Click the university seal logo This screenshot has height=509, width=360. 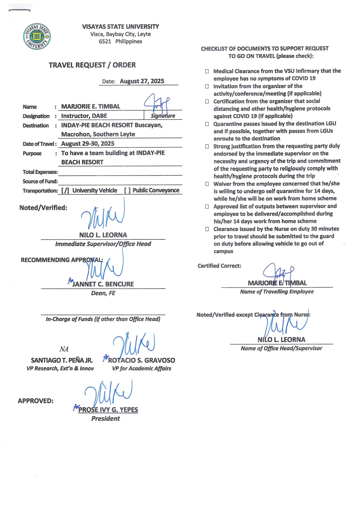click(37, 37)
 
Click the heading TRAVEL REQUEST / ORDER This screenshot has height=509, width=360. click(92, 65)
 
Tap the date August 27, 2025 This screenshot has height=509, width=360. click(142, 81)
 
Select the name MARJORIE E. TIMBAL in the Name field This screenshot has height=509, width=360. click(91, 107)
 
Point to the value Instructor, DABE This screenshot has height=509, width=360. click(84, 116)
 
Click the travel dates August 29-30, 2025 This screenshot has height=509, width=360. click(88, 144)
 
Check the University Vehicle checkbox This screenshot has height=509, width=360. click(65, 191)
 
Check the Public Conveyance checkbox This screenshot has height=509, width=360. click(127, 190)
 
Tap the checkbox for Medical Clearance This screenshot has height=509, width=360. click(207, 71)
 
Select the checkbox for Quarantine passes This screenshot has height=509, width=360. click(207, 124)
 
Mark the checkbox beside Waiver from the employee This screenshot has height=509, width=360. click(207, 184)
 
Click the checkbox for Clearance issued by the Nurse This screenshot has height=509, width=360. click(207, 229)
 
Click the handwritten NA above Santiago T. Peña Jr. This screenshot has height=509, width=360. click(64, 349)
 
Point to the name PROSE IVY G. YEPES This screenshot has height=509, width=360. click(108, 410)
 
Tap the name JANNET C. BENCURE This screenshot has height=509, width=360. click(103, 284)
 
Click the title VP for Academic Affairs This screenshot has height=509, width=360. click(141, 369)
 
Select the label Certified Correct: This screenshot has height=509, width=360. click(219, 266)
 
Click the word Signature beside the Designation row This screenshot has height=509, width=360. click(163, 116)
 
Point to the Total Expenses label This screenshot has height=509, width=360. click(40, 172)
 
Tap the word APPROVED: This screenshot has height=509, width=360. click(35, 401)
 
